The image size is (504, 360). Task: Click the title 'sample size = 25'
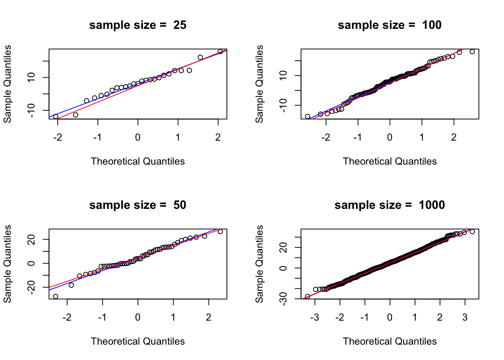click(x=138, y=25)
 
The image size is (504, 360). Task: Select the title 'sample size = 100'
click(x=390, y=25)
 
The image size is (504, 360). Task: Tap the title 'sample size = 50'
click(x=138, y=205)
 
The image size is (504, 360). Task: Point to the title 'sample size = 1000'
click(x=390, y=205)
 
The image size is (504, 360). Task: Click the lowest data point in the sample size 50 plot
click(x=55, y=297)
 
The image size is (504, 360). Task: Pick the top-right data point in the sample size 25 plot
click(x=220, y=52)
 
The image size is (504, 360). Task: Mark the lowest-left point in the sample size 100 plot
click(x=307, y=117)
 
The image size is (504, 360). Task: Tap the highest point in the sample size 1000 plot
click(x=472, y=232)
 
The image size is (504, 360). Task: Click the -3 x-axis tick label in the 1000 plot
click(x=315, y=318)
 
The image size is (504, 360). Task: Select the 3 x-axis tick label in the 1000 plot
click(x=465, y=318)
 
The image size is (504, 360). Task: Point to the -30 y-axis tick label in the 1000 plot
click(x=284, y=299)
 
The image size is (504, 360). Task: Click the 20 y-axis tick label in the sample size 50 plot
click(x=32, y=239)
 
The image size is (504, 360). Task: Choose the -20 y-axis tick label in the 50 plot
click(x=32, y=287)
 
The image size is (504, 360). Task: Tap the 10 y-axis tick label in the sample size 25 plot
click(x=32, y=77)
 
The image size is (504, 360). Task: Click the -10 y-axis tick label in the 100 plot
click(x=284, y=105)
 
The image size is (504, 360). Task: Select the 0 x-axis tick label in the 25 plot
click(x=138, y=138)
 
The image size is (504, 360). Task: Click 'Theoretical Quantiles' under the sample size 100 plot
click(x=390, y=162)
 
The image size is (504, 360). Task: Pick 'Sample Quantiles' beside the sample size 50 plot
click(x=7, y=264)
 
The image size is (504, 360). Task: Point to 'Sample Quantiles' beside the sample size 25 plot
click(x=7, y=84)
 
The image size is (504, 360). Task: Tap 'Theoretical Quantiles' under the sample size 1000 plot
click(x=390, y=342)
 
